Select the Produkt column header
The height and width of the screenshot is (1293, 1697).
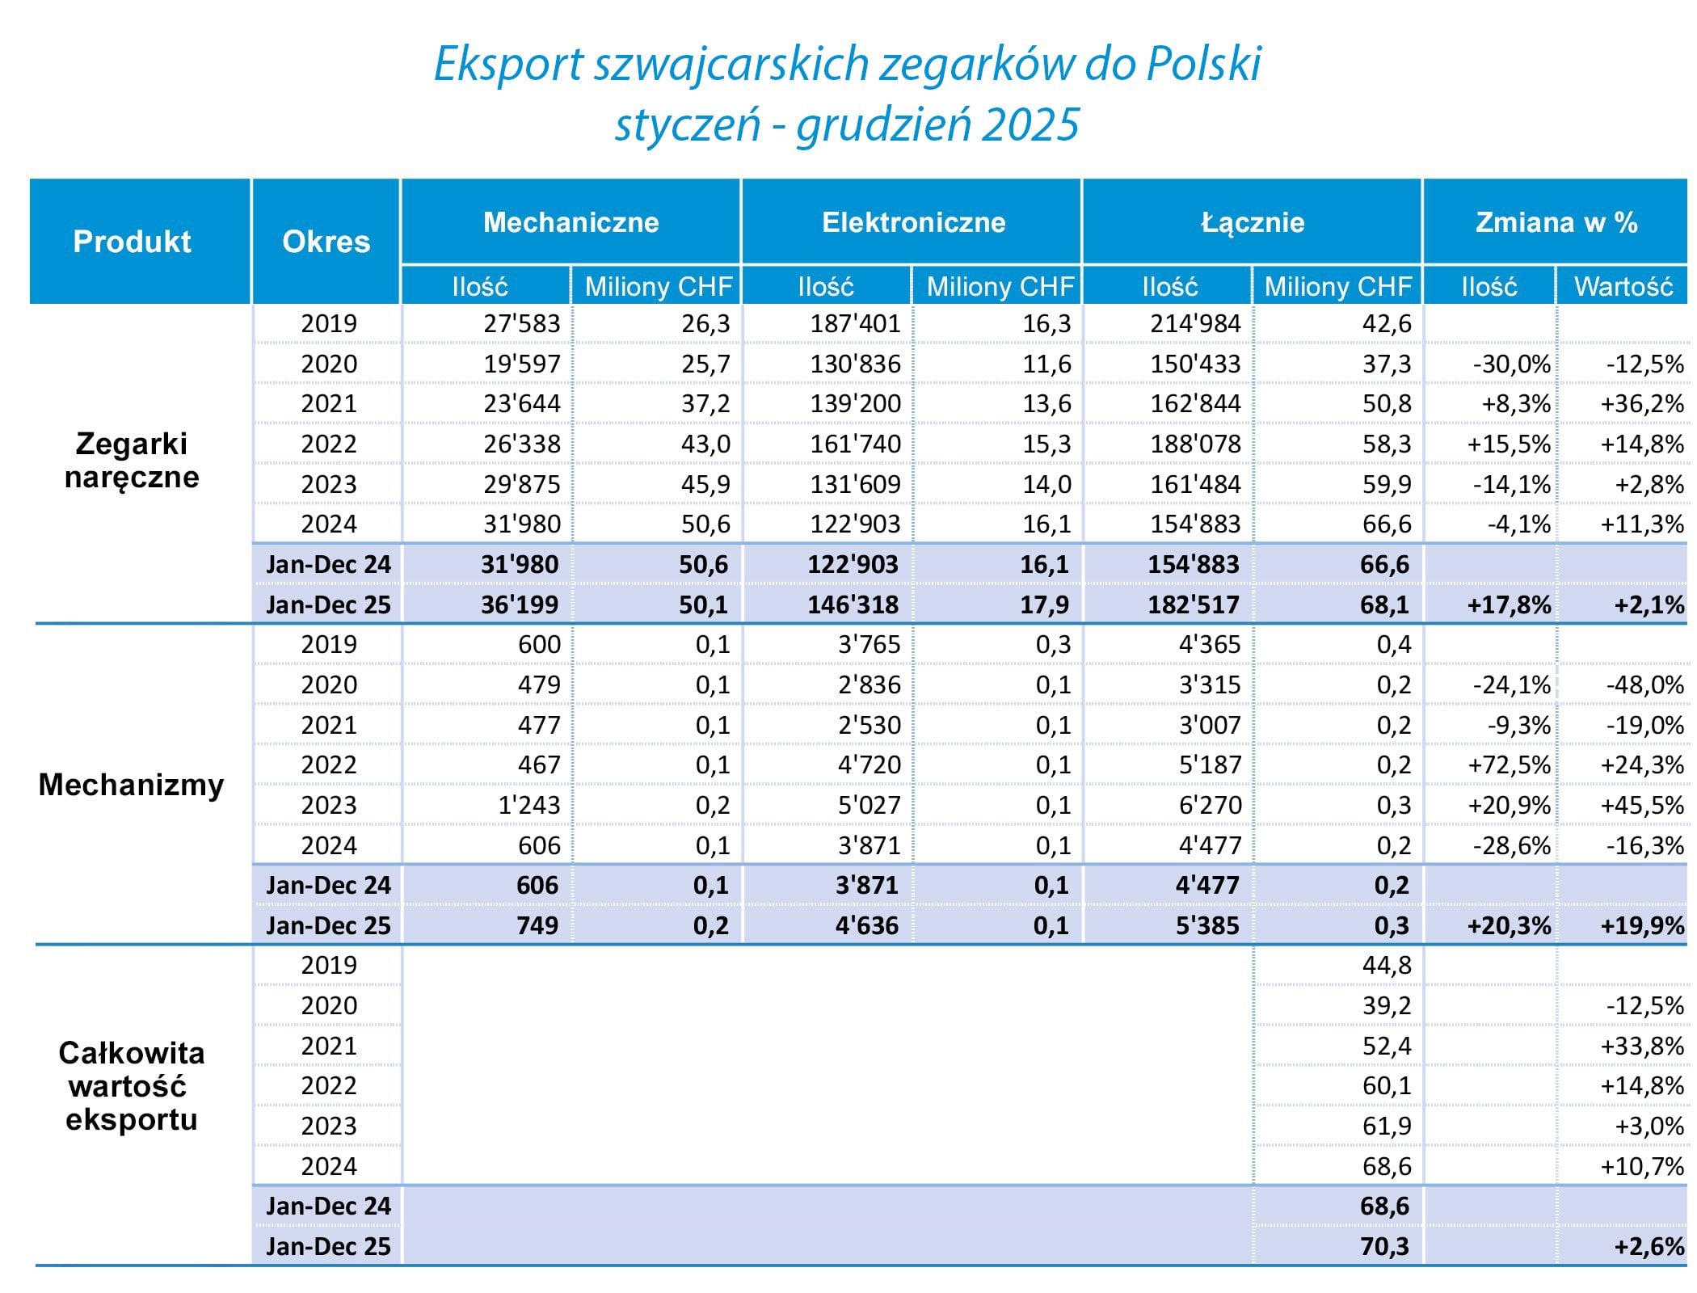click(132, 242)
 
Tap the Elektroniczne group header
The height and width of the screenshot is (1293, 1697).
click(913, 222)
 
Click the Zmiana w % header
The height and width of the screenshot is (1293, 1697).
click(1556, 222)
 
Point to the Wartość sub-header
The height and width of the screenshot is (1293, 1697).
click(1623, 286)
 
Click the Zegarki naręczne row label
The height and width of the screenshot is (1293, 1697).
click(132, 461)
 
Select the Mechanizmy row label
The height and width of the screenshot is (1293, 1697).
click(131, 785)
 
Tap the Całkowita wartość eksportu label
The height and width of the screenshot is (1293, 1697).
click(131, 1086)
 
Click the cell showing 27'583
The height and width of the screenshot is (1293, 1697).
click(521, 323)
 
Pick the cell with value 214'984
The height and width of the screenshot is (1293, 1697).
click(1194, 323)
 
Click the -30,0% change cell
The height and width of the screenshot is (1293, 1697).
click(1511, 364)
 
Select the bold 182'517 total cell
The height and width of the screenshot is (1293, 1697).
click(1193, 604)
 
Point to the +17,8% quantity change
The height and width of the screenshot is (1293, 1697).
click(1509, 604)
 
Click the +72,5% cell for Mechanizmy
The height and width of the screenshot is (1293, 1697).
click(1509, 764)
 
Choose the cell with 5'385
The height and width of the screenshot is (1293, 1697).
click(1206, 925)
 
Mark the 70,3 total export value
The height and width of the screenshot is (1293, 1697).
click(1384, 1246)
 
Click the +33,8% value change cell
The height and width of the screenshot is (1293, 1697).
click(1642, 1046)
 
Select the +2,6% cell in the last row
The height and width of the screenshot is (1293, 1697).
click(1649, 1246)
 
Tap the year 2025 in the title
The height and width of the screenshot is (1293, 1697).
click(1032, 125)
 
